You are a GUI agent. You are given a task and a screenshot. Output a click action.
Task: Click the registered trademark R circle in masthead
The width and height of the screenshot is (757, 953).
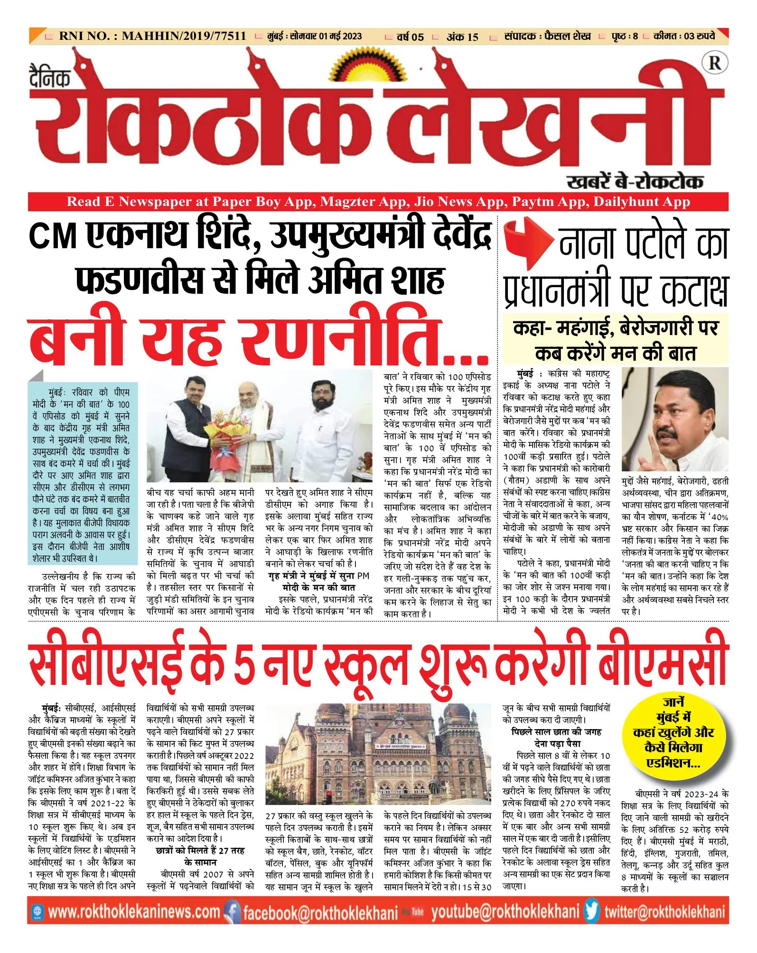coord(715,63)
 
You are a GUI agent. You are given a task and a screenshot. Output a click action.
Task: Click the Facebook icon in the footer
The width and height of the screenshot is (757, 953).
coord(232,911)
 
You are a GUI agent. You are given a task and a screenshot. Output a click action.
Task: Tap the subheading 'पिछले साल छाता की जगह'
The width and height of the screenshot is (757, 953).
coord(556,732)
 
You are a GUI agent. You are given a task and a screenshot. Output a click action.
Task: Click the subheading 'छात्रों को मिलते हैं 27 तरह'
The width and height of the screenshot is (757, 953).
coord(200,850)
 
